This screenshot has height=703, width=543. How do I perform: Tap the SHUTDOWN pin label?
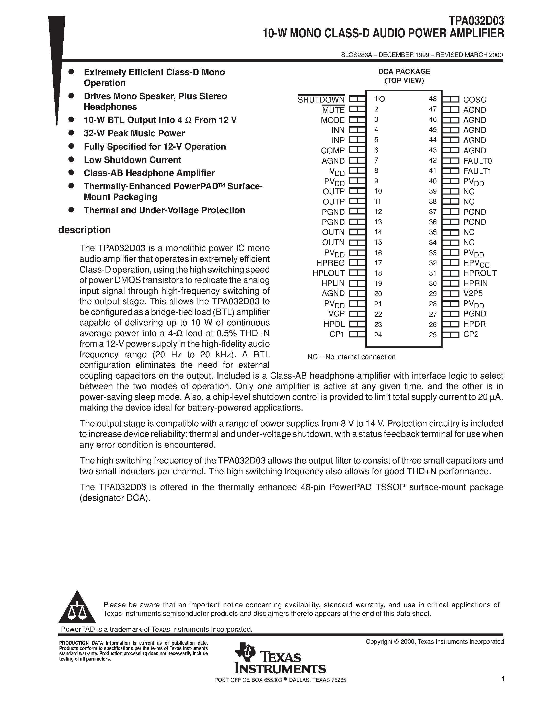coord(321,100)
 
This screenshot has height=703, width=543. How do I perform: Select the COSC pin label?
coord(475,100)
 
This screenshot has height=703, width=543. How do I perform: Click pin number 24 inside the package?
coord(378,335)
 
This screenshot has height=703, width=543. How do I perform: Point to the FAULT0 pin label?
coord(477,161)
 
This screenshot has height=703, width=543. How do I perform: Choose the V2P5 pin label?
coord(473,293)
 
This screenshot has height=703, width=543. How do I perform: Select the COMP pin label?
coord(333,150)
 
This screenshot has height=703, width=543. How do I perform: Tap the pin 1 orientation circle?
coord(382,99)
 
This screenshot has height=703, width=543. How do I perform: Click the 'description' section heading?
coord(84,230)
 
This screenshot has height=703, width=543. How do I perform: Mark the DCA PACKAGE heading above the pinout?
coord(404,72)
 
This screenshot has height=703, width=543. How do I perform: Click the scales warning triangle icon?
coord(77,612)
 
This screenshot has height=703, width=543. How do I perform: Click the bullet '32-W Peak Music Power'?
coord(134,133)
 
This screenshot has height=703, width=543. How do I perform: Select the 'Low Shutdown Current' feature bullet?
coord(132,160)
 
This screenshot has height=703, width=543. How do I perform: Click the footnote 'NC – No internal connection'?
coord(351,357)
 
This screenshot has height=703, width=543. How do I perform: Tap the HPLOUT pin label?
coord(328,273)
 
